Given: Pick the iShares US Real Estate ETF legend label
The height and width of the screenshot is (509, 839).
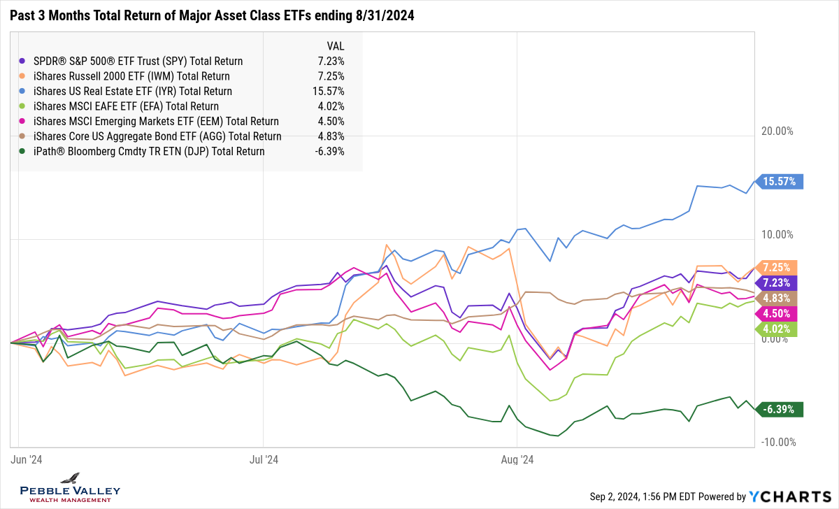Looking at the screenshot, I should click(x=133, y=92).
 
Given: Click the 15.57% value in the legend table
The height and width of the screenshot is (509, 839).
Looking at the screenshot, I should click(x=330, y=92).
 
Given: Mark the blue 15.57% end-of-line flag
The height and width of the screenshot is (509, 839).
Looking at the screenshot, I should click(x=780, y=182).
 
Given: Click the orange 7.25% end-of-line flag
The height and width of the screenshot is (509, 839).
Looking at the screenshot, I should click(x=777, y=268).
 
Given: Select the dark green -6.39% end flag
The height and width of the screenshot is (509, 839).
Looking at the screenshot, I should click(x=779, y=410).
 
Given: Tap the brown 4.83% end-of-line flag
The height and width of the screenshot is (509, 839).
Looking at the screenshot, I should click(x=777, y=298).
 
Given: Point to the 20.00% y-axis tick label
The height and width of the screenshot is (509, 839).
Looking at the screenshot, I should click(x=778, y=131).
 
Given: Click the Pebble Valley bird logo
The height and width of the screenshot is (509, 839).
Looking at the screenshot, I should click(x=70, y=479).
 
